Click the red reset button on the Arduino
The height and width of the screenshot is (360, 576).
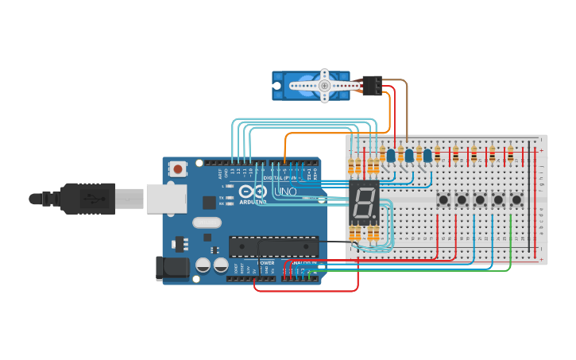coord(178,168)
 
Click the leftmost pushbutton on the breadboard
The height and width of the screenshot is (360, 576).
coord(443,199)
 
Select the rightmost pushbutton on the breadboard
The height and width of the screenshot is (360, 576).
coord(516,199)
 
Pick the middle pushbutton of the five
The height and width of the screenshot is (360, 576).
coord(480,199)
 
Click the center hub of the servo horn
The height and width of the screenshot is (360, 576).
coord(324,85)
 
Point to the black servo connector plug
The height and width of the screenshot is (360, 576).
coord(371,84)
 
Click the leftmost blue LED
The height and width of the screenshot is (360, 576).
coord(391,155)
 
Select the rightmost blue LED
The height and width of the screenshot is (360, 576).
coord(427,155)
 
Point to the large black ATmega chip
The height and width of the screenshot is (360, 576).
coord(273,246)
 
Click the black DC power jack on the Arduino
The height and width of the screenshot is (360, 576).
coord(172,269)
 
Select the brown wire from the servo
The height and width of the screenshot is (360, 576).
coord(407,111)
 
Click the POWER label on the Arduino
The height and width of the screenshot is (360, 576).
coord(265,262)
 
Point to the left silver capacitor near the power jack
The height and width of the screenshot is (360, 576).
coord(203,265)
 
